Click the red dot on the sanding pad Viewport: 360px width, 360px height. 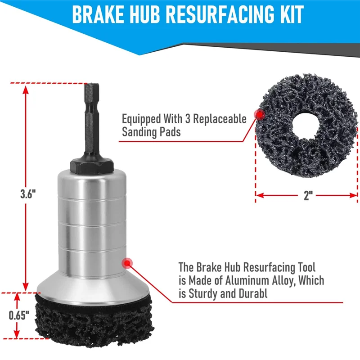(259, 115)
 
